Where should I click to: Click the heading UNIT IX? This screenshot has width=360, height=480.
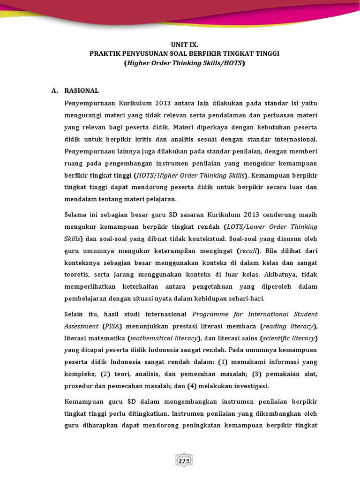[x=184, y=45]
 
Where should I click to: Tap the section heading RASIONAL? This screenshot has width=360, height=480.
[x=82, y=90]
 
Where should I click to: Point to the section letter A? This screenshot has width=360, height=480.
[x=54, y=90]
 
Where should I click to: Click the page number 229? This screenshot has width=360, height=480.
[x=184, y=461]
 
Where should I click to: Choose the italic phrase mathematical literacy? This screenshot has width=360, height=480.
[x=160, y=338]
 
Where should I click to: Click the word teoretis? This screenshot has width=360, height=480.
[x=78, y=275]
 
